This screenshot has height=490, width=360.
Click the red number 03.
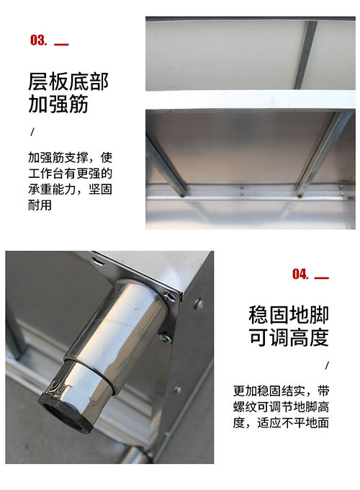[39, 40]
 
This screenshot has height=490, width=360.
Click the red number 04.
[300, 274]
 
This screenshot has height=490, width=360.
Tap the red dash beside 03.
[61, 45]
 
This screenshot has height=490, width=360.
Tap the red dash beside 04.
[322, 278]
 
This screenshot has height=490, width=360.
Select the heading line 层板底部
[68, 81]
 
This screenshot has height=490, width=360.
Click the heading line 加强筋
[58, 104]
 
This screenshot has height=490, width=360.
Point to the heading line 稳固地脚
[289, 315]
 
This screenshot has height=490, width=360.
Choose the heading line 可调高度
[289, 337]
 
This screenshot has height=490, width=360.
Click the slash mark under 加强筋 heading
[32, 132]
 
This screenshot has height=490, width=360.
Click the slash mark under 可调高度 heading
[327, 365]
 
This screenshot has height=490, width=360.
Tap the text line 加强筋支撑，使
[71, 158]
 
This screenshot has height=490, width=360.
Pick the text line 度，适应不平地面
[281, 423]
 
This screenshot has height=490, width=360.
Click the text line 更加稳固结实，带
[281, 391]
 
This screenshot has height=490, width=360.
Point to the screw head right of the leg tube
[165, 337]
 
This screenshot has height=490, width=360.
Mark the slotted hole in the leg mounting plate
[97, 260]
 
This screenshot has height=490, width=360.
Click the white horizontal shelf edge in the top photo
[251, 100]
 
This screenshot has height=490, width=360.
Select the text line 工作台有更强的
[71, 174]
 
